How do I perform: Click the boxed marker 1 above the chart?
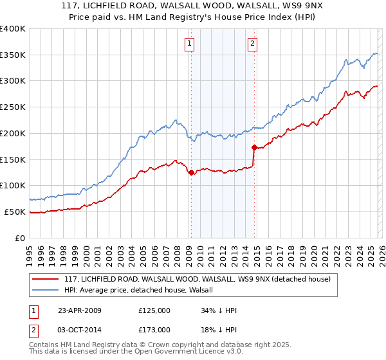[x=190, y=44]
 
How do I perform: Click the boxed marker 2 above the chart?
[x=252, y=44]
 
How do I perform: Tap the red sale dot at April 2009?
[x=191, y=172]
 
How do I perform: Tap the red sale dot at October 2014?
[x=254, y=147]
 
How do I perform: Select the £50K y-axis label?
[x=15, y=212]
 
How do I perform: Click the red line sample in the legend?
[x=45, y=279]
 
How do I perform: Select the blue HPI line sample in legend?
[x=45, y=290]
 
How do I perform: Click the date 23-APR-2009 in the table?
[x=79, y=310]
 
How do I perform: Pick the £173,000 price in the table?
[x=154, y=329]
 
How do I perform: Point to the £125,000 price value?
[x=154, y=310]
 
